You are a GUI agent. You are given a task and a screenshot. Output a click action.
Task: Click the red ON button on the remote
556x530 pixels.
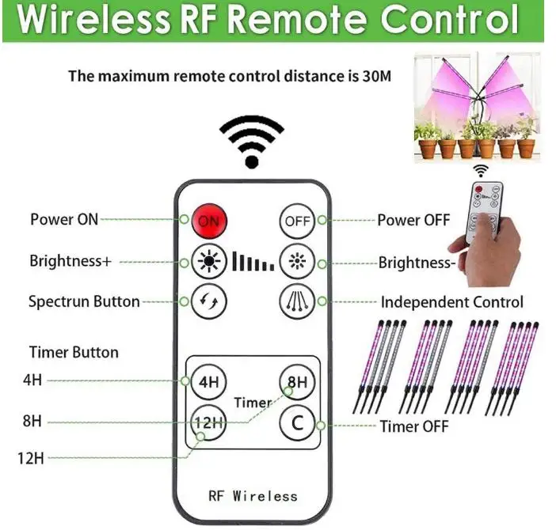click(x=208, y=221)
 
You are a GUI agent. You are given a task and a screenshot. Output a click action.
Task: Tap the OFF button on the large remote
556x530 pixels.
click(x=297, y=221)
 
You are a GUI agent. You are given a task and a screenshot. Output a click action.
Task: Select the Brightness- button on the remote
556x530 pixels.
click(x=297, y=260)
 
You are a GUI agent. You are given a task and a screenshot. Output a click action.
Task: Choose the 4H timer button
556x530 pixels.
click(x=208, y=382)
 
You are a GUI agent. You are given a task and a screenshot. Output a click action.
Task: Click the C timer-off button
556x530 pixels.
click(x=297, y=423)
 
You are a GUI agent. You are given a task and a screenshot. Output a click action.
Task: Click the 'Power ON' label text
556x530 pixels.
click(x=64, y=219)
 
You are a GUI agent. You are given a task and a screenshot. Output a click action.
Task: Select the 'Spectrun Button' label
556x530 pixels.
click(x=84, y=301)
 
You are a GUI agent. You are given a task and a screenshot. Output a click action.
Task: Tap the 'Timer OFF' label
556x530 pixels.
click(x=414, y=426)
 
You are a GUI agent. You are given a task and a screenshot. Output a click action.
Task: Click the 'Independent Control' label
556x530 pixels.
click(x=451, y=302)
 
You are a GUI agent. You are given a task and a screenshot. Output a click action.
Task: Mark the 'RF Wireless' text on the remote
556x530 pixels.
click(x=253, y=496)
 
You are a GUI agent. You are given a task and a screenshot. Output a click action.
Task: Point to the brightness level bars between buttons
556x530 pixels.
click(x=252, y=262)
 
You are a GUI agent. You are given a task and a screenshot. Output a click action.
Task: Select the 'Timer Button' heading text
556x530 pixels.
click(x=74, y=352)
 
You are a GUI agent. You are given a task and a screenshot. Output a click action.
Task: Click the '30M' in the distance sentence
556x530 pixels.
click(x=374, y=77)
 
